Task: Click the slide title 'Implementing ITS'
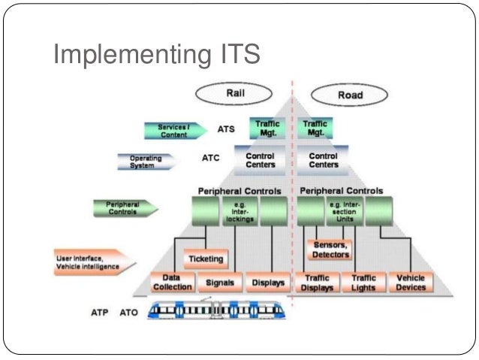pyautogui.click(x=155, y=56)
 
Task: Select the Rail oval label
pyautogui.click(x=232, y=94)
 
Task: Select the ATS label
pyautogui.click(x=226, y=129)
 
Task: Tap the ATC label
pyautogui.click(x=210, y=159)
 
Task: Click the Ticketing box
pyautogui.click(x=206, y=259)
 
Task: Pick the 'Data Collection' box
pyautogui.click(x=172, y=283)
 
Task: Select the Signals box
pyautogui.click(x=220, y=283)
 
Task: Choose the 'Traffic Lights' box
pyautogui.click(x=363, y=283)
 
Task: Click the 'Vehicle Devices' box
pyautogui.click(x=411, y=283)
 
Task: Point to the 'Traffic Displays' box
pyautogui.click(x=317, y=283)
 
